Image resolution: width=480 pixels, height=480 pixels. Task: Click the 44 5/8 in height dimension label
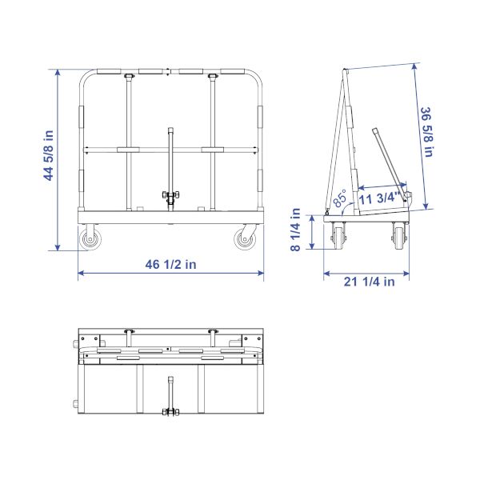pyautogui.click(x=49, y=155)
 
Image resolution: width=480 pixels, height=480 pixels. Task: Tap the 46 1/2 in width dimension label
pyautogui.click(x=171, y=265)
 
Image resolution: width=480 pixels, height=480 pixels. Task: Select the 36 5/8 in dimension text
pyautogui.click(x=426, y=132)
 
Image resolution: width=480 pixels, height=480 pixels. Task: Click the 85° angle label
pyautogui.click(x=340, y=198)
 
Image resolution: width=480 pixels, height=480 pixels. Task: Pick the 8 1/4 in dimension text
pyautogui.click(x=295, y=230)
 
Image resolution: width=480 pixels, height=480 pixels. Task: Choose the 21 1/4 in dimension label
pyautogui.click(x=369, y=282)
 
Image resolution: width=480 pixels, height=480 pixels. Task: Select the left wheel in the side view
pyautogui.click(x=338, y=238)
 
